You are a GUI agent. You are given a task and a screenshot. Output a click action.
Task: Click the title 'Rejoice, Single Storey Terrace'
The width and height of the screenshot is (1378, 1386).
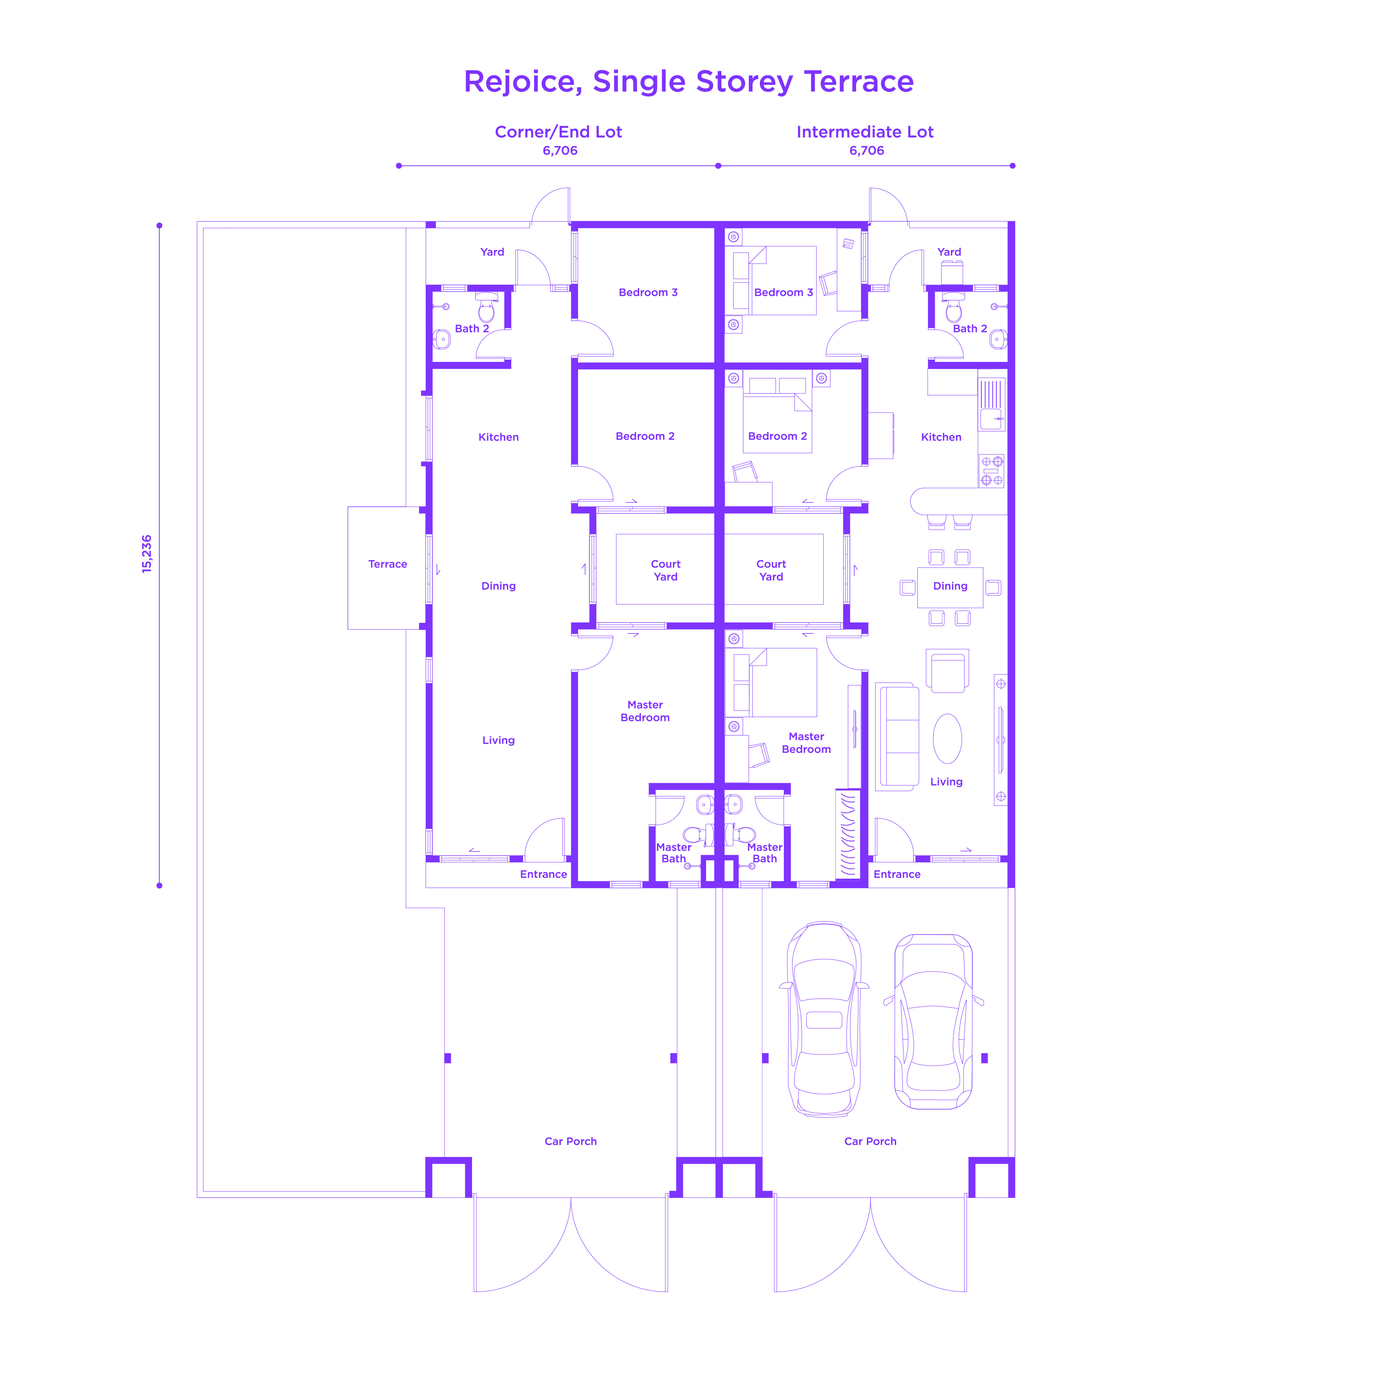(x=688, y=82)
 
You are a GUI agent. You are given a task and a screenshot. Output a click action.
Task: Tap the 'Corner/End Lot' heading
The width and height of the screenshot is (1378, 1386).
(x=558, y=132)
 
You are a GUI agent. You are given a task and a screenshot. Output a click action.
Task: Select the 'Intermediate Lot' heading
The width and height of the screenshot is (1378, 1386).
(x=865, y=132)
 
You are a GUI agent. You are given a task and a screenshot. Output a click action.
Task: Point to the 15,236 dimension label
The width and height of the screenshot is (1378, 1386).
(x=146, y=554)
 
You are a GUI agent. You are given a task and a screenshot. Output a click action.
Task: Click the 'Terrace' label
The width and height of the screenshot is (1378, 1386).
(x=388, y=564)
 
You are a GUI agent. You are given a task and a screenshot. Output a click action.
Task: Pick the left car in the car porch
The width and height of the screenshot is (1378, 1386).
(x=824, y=1019)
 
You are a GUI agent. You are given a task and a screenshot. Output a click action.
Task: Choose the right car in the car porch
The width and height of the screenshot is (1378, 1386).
(x=933, y=1022)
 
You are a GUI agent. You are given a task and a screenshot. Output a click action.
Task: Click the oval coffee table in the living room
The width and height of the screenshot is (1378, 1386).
(x=947, y=738)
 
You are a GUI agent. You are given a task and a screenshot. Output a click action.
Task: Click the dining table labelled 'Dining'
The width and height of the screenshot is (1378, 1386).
(x=950, y=587)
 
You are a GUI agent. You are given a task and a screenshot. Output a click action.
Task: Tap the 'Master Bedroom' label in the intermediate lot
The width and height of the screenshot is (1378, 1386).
(x=806, y=743)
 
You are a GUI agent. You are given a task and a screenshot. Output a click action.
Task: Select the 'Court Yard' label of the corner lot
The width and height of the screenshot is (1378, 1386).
(x=665, y=570)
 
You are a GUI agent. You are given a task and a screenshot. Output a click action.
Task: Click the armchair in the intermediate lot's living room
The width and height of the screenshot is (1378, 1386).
(x=947, y=672)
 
